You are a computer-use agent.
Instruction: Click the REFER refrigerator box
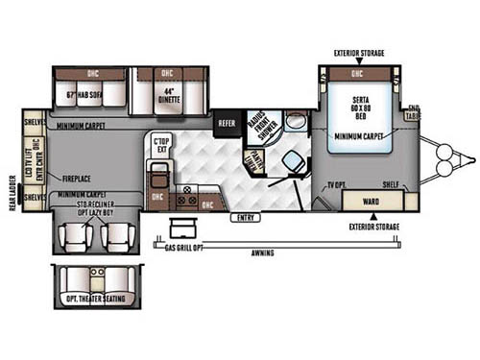point(227,123)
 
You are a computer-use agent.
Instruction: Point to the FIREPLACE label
point(78,178)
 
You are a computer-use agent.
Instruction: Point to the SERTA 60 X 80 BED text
point(357,108)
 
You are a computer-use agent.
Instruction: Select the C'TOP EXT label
point(160,147)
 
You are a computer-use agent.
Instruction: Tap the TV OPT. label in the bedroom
point(335,182)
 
